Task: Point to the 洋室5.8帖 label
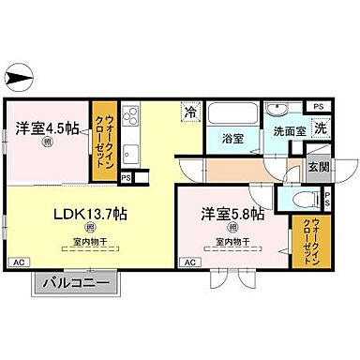(231, 215)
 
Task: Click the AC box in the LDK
(19, 262)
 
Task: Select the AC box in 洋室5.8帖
(190, 262)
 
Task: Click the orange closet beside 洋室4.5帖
(103, 142)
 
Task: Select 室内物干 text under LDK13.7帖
(90, 246)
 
